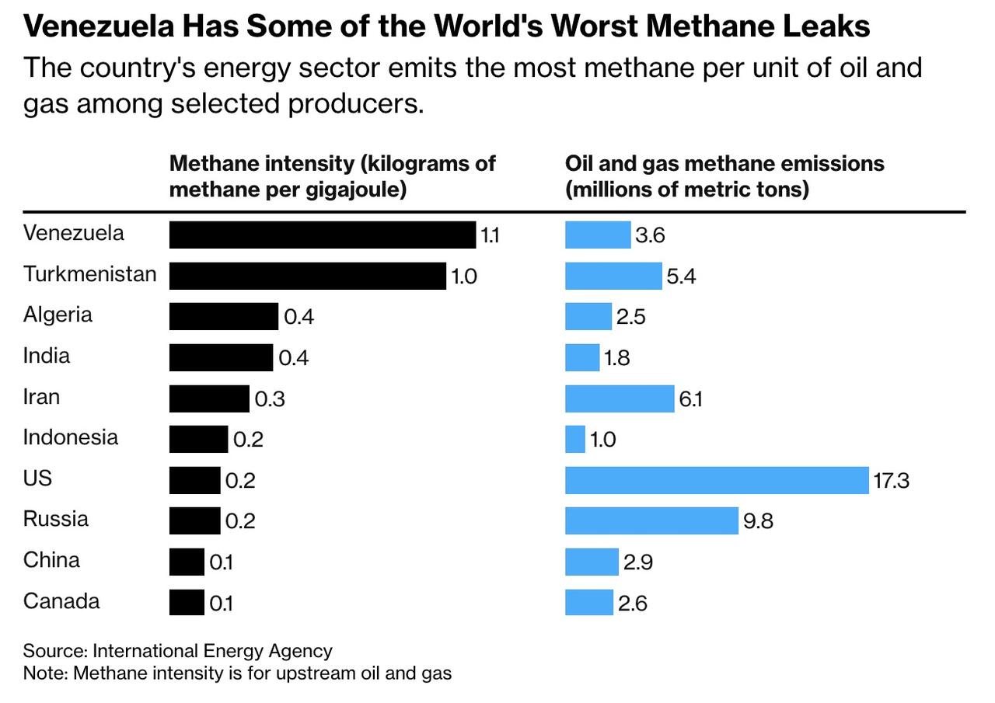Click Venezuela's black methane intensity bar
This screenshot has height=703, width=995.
tap(322, 235)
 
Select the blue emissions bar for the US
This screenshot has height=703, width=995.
tap(716, 480)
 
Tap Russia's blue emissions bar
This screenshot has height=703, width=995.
tap(651, 520)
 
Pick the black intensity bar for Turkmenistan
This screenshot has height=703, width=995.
tap(307, 276)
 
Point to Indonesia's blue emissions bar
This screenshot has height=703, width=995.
tap(574, 439)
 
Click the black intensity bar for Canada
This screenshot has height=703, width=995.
tap(187, 603)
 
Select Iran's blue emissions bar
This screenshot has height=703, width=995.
tap(619, 398)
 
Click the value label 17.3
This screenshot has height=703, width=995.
tap(891, 480)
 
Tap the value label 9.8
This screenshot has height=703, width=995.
tap(758, 520)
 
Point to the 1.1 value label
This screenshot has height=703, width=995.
tap(490, 235)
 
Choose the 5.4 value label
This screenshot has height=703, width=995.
tap(681, 276)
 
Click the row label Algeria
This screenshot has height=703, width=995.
tap(58, 315)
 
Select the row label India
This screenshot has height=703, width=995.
tap(47, 356)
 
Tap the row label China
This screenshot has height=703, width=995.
tap(51, 560)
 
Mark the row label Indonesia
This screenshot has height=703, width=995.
tap(71, 437)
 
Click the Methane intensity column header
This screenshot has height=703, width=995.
tap(332, 176)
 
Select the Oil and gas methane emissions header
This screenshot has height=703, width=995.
tap(724, 176)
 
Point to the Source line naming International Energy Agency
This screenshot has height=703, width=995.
tap(177, 651)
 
